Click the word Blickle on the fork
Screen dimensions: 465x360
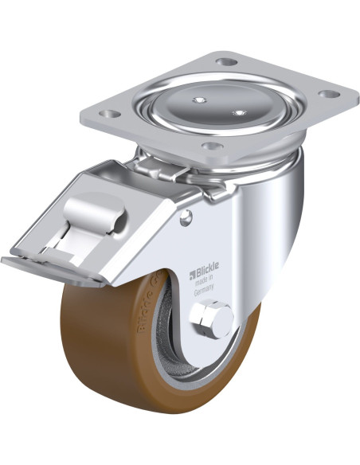[x=210, y=277]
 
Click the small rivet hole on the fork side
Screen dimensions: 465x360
[x=188, y=217]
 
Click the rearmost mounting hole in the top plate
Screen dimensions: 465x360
[x=227, y=61]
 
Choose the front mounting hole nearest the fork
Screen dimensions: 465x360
[x=210, y=147]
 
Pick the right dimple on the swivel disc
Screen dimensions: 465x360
[x=237, y=112]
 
